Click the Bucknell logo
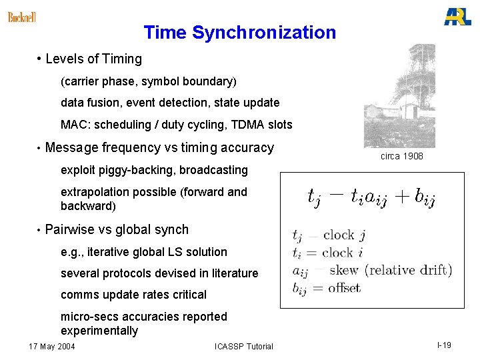(21, 17)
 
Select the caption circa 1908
(401, 156)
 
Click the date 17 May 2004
(53, 346)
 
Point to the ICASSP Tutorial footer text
(244, 346)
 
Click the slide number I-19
(444, 345)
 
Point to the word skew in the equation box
(344, 270)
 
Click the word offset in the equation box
(345, 288)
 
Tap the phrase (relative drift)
(408, 270)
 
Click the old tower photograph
(399, 96)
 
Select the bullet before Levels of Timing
(40, 59)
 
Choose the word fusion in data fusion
(103, 103)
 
